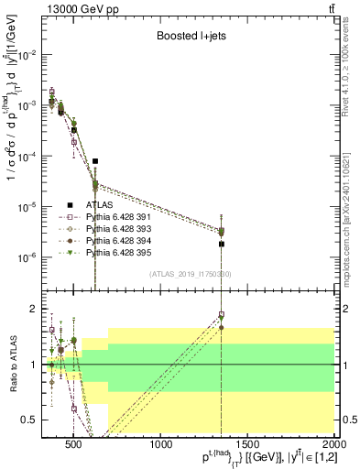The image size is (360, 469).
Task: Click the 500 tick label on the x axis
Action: [74, 444]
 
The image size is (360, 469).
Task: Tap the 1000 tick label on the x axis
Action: [161, 444]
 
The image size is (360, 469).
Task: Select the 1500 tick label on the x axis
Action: [248, 444]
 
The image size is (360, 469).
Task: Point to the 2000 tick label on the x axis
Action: [334, 444]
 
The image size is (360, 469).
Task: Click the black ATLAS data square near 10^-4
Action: [95, 161]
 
